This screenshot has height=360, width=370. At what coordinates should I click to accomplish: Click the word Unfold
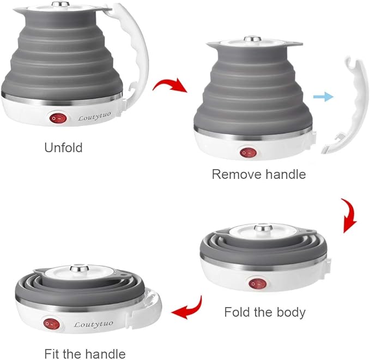point(63,147)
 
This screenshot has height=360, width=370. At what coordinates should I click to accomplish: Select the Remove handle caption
point(258,175)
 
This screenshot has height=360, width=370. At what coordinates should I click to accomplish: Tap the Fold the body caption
point(265,313)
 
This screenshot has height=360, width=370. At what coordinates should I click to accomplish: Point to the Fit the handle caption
point(85,353)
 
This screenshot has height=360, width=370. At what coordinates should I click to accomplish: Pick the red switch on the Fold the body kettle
point(256,283)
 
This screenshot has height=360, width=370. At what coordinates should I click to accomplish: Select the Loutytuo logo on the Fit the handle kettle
point(94,324)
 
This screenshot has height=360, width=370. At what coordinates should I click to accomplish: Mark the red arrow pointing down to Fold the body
point(348,216)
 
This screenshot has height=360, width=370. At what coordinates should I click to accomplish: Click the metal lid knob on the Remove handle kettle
point(251,39)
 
